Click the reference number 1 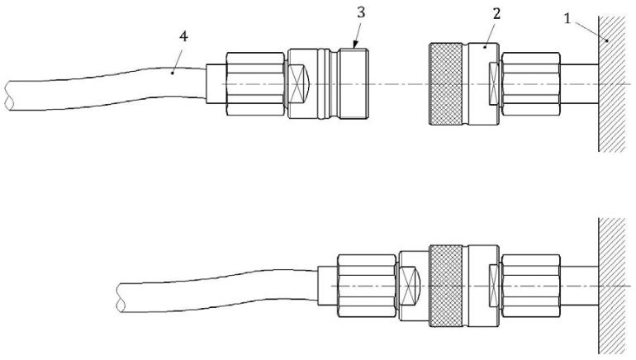pyautogui.click(x=567, y=18)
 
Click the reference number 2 pyautogui.click(x=496, y=14)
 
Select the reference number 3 pyautogui.click(x=361, y=12)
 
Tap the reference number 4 pyautogui.click(x=183, y=36)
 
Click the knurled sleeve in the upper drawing pyautogui.click(x=446, y=83)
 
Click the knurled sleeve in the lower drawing pyautogui.click(x=446, y=286)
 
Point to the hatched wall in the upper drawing pyautogui.click(x=612, y=83)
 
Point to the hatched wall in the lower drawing pyautogui.click(x=612, y=286)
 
